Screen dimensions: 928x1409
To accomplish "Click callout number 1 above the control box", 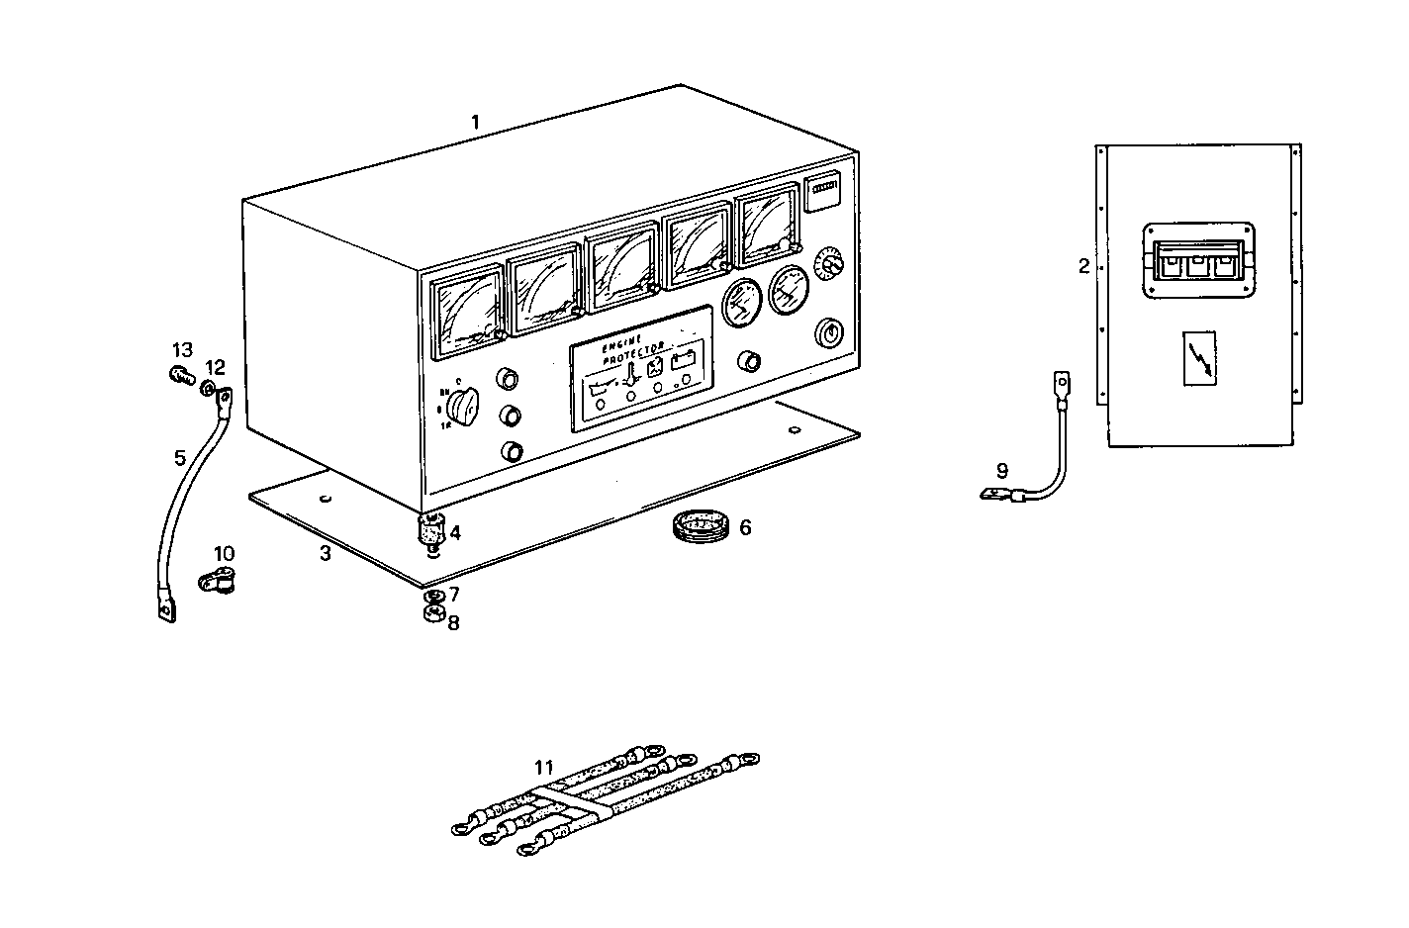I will (x=475, y=123).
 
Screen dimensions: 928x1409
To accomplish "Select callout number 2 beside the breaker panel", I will (x=1083, y=265).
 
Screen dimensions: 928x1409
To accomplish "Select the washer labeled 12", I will (x=208, y=388).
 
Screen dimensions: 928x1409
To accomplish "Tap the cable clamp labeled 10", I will (x=218, y=582).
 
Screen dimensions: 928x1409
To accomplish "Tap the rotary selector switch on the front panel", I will (x=462, y=404).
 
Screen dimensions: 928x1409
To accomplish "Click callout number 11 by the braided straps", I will (x=544, y=767).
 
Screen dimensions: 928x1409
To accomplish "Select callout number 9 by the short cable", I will (x=1001, y=469).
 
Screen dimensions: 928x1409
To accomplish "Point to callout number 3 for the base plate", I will (x=325, y=553).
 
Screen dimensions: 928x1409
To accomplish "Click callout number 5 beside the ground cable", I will (x=179, y=458).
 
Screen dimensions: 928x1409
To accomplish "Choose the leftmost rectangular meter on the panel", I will (x=466, y=315).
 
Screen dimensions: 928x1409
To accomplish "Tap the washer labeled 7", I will (x=431, y=597).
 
